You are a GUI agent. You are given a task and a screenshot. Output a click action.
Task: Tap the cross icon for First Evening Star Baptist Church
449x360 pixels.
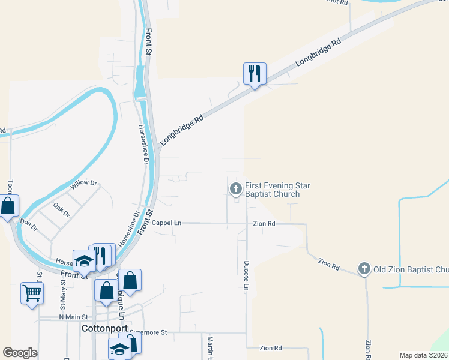(x=235, y=189)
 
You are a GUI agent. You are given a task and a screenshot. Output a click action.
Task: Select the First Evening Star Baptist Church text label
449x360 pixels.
(x=277, y=190)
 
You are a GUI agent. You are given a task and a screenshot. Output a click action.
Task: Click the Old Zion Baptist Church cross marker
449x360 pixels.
(x=364, y=269)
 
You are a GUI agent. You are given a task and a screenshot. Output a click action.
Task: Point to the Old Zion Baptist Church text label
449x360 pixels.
(x=411, y=269)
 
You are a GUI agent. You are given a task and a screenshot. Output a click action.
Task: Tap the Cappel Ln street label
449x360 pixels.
(x=166, y=223)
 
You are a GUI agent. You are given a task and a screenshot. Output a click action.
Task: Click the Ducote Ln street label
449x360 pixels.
(x=246, y=275)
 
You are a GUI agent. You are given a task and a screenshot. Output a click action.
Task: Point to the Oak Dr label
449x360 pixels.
(x=62, y=209)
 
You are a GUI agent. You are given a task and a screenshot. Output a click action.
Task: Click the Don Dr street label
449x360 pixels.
(x=29, y=224)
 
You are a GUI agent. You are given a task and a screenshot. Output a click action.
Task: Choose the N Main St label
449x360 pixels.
(x=73, y=316)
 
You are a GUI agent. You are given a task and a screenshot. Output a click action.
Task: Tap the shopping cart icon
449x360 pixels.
(x=32, y=293)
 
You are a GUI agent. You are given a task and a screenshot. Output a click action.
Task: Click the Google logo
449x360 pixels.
(x=20, y=353)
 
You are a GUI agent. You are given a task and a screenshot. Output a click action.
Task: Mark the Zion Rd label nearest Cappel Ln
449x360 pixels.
(x=264, y=223)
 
